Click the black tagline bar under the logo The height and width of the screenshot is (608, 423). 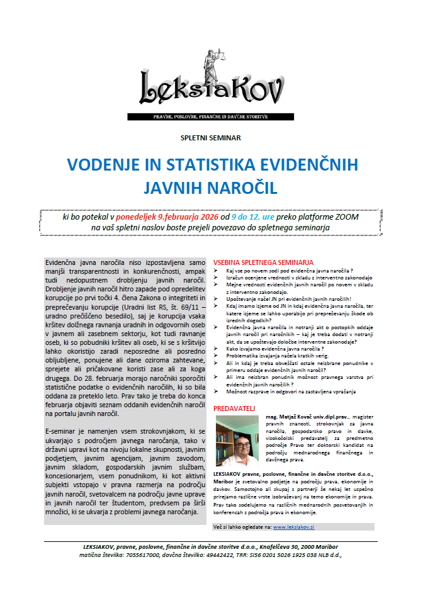211,117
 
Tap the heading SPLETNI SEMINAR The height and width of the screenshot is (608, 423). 211,137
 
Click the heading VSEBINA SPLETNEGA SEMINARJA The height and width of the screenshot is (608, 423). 263,261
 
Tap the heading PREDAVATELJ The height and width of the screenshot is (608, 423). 235,408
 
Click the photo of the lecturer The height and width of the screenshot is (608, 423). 237,440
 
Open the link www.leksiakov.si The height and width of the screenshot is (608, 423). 294,508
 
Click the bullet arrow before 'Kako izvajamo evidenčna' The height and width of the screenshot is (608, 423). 217,348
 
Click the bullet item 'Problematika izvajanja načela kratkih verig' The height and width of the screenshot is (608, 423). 279,356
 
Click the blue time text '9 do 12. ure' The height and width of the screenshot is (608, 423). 247,218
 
